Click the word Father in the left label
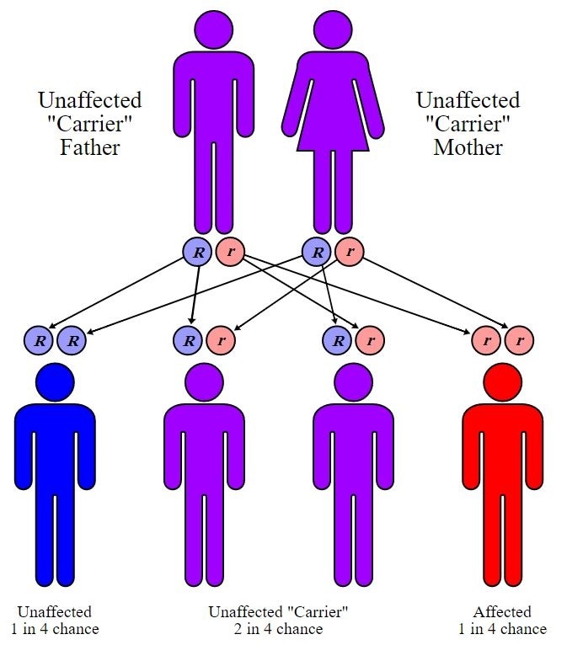tap(89, 148)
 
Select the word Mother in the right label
tap(468, 148)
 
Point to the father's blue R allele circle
tap(195, 251)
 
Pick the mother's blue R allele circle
tap(316, 251)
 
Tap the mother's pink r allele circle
tap(349, 251)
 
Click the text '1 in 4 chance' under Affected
tap(503, 629)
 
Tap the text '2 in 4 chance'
tap(278, 629)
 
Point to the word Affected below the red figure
tap(503, 612)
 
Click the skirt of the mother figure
tap(332, 126)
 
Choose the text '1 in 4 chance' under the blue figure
tap(55, 629)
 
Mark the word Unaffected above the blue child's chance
tap(55, 612)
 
